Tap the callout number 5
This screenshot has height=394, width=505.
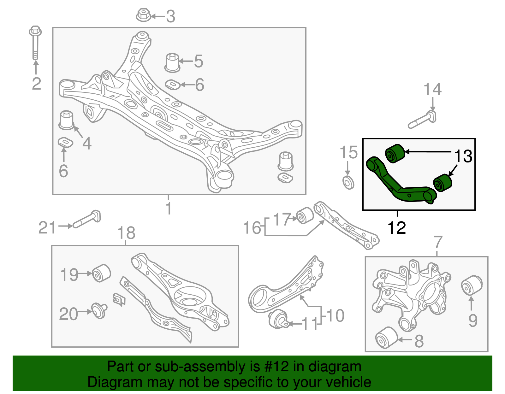[x=198, y=61]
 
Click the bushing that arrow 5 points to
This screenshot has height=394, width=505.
[x=172, y=62]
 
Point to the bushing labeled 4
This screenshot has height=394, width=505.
[x=67, y=120]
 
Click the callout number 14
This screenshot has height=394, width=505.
[x=432, y=89]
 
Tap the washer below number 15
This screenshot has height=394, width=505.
[x=348, y=183]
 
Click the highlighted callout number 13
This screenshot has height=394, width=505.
[x=463, y=156]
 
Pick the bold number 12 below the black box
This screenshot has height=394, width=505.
[x=397, y=228]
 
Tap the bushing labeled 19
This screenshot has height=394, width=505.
[x=101, y=273]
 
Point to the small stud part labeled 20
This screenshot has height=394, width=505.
[x=99, y=310]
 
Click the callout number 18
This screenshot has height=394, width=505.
[x=126, y=233]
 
